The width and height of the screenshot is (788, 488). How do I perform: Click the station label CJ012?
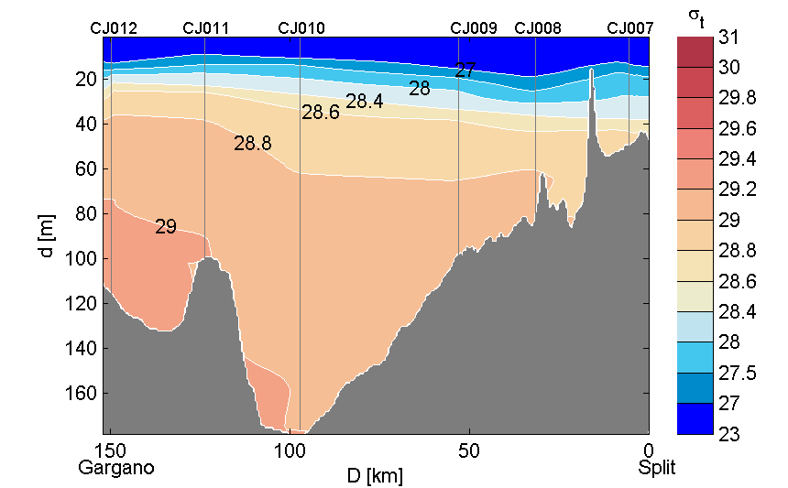(x=114, y=27)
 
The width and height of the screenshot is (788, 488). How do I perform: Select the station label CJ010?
(x=301, y=27)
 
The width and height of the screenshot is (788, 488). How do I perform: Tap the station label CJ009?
(x=474, y=27)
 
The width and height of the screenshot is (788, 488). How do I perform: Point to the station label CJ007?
(x=630, y=27)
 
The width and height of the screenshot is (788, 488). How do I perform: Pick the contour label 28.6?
(x=321, y=113)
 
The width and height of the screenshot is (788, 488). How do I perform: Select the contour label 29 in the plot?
(x=165, y=226)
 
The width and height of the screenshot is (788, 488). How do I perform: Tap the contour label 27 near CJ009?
(x=465, y=70)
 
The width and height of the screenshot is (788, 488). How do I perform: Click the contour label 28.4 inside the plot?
(x=364, y=102)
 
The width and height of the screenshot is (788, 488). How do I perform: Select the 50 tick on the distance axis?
(x=468, y=451)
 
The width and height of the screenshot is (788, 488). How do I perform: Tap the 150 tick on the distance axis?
(x=111, y=451)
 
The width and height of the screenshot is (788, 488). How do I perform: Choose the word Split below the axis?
(x=657, y=468)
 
